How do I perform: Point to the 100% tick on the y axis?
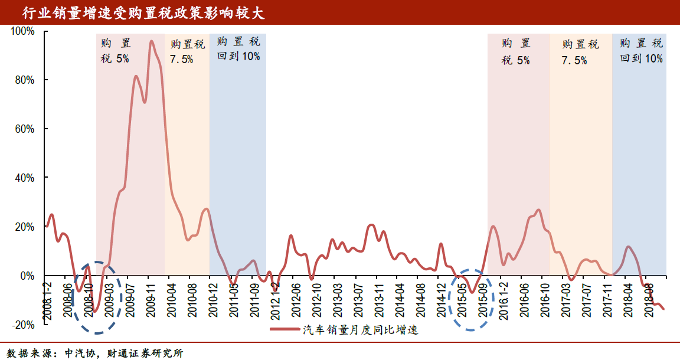click(22, 31)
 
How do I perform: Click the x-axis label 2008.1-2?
click(47, 299)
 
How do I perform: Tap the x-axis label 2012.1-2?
click(274, 299)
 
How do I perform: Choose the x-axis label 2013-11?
click(378, 299)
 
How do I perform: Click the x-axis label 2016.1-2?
click(504, 299)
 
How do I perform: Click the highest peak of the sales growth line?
click(151, 41)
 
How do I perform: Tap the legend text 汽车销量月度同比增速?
click(361, 330)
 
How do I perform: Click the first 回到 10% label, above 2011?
click(238, 57)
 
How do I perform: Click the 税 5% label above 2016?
click(516, 60)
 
